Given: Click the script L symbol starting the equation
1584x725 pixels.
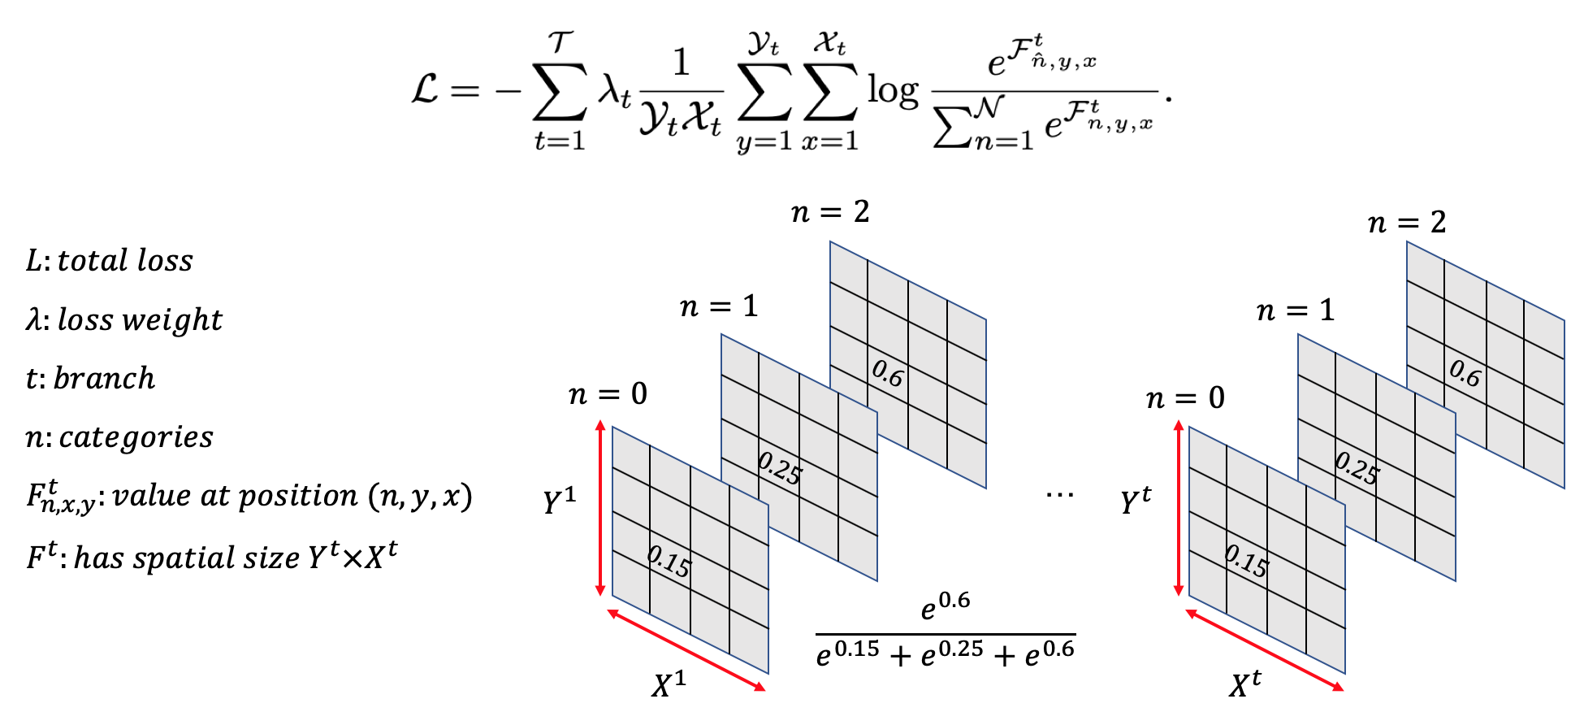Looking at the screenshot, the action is [425, 89].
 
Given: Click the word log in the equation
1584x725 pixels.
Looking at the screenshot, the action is [892, 89].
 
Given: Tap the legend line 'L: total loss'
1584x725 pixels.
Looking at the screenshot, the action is [110, 261].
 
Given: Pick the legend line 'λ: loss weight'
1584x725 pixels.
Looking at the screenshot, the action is [123, 320].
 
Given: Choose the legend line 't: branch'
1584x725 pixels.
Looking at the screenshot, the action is [90, 379].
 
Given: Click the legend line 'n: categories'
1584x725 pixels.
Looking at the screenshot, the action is [119, 437].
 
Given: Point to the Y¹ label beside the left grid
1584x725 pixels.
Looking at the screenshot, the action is [560, 501].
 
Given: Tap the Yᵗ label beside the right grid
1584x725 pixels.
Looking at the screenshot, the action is [1136, 501].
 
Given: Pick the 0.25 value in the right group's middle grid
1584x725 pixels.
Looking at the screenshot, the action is [1357, 469].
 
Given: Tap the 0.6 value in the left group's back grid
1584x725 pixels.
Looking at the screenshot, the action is [887, 374].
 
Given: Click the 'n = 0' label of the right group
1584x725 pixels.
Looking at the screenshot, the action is [1185, 398].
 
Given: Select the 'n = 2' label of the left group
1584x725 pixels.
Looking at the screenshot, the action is [830, 213].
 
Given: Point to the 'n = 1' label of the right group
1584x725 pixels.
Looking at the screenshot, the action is [1296, 310].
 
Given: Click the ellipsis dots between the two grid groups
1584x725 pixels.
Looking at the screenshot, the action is [1059, 494].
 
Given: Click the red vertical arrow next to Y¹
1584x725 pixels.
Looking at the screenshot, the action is [600, 508].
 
